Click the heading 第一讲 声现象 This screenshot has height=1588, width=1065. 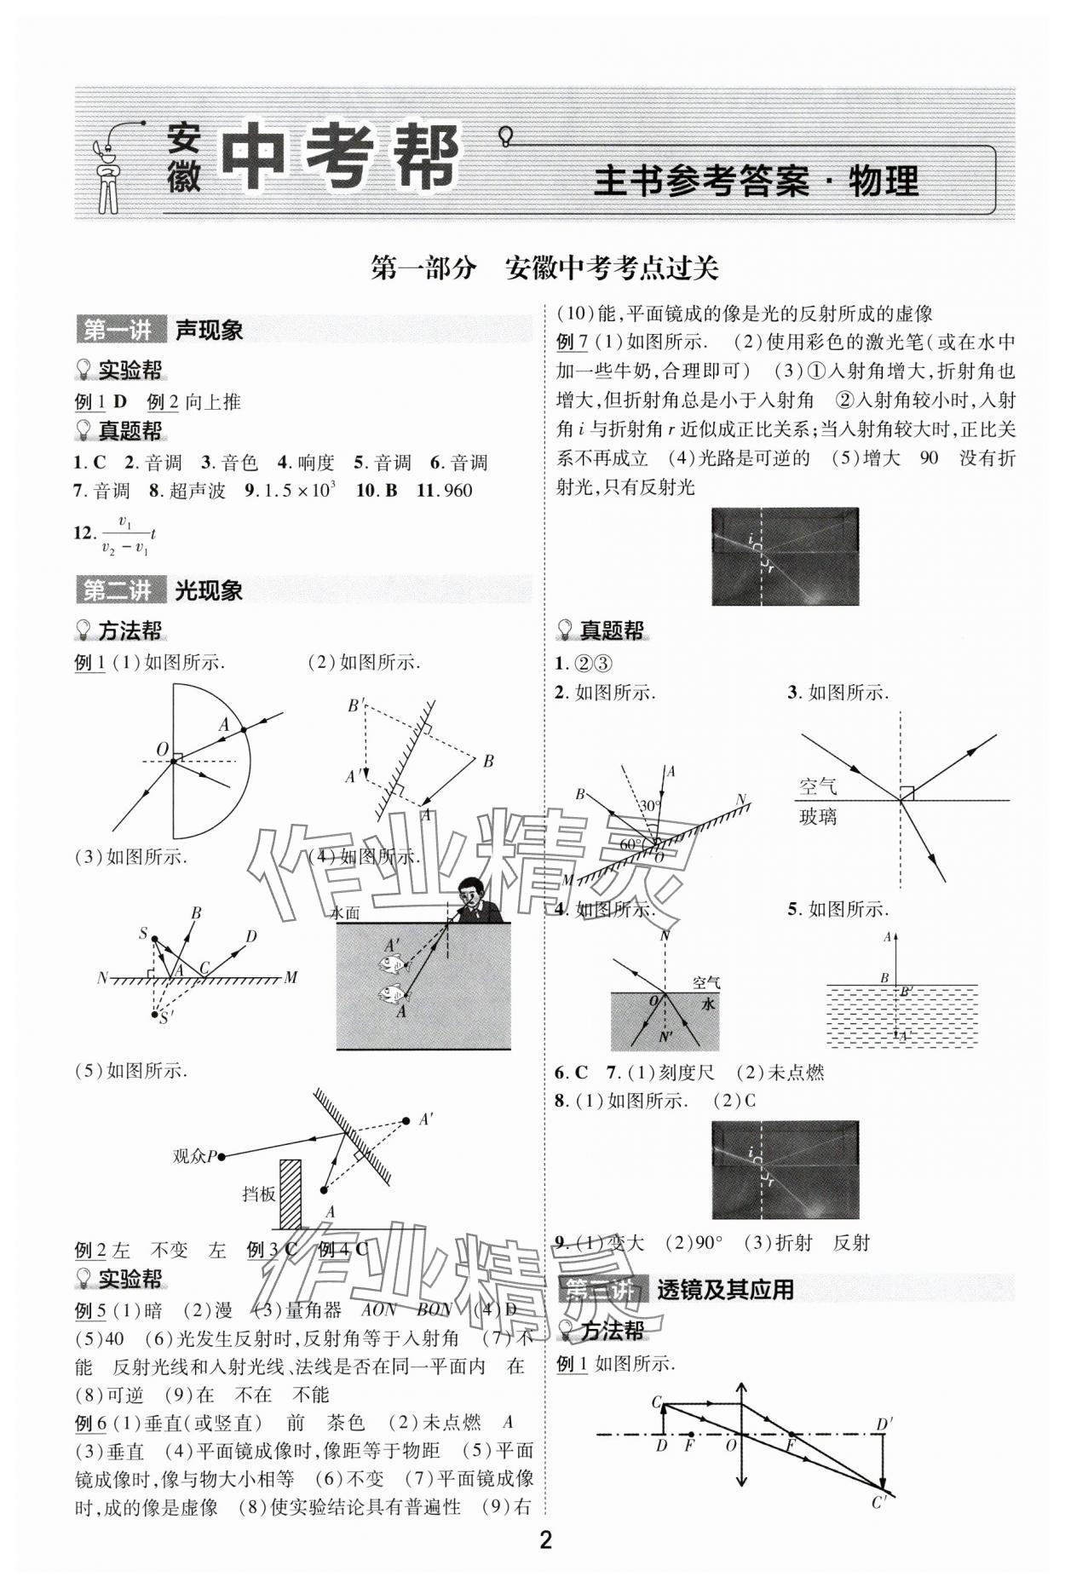point(162,330)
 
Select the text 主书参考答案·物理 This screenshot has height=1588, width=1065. point(756,181)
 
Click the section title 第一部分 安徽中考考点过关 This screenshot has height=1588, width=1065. point(545,268)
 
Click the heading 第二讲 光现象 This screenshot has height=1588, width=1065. point(162,590)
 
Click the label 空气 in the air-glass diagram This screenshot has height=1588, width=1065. point(818,785)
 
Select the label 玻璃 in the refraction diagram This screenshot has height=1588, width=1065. point(818,817)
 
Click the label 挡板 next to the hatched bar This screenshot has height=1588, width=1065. point(259,1194)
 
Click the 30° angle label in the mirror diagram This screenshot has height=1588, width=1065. point(652,806)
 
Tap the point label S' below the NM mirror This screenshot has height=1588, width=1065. point(166,1017)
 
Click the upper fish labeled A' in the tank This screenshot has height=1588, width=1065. point(394,964)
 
